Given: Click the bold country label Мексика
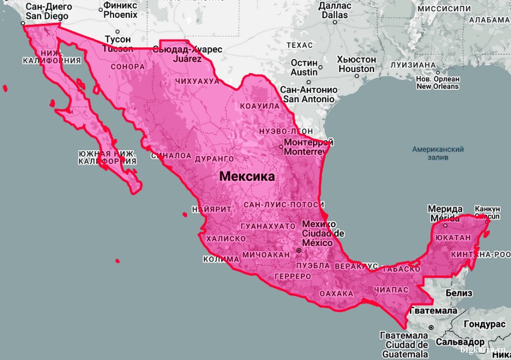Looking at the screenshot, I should pos(247,177).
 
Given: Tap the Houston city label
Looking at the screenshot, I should pos(357,64).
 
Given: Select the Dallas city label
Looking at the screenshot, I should pos(335,10).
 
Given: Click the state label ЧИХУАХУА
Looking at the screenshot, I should pos(197,81).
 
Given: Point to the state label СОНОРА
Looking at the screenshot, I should pos(127,67).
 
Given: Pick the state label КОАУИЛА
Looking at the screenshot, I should pos(260,106).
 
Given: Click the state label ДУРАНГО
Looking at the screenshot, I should pos(214,159).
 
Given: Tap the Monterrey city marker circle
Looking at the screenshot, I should pos(281,146).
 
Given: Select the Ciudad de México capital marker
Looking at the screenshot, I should pos(299,251).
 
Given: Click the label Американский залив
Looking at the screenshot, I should pos(438,153).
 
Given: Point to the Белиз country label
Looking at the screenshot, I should pos(459,293).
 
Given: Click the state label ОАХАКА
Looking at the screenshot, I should pos(336,293).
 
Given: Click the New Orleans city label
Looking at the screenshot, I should pos(437,82).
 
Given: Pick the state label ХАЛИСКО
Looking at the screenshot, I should pos(225,238).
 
